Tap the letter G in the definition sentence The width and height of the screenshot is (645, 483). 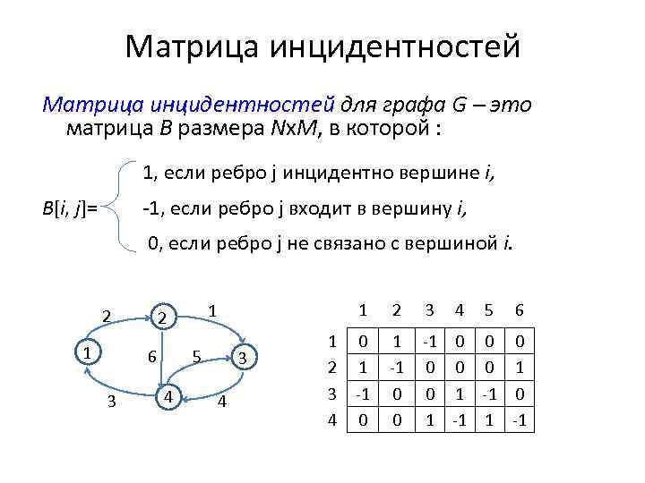click(x=459, y=105)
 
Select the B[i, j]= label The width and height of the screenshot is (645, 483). click(x=70, y=208)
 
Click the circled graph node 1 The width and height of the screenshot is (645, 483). click(x=86, y=352)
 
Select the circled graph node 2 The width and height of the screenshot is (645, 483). click(x=162, y=318)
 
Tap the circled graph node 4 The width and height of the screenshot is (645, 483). click(x=166, y=394)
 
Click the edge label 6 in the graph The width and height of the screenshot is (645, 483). click(x=151, y=356)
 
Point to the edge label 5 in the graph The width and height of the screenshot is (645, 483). click(x=196, y=356)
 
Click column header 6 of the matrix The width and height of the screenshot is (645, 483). click(x=518, y=310)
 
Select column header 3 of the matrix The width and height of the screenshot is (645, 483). click(x=429, y=310)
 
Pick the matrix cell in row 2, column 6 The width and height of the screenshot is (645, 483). click(x=518, y=367)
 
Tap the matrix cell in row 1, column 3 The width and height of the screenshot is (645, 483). click(x=429, y=342)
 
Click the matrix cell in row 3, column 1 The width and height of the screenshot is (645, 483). click(x=362, y=392)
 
